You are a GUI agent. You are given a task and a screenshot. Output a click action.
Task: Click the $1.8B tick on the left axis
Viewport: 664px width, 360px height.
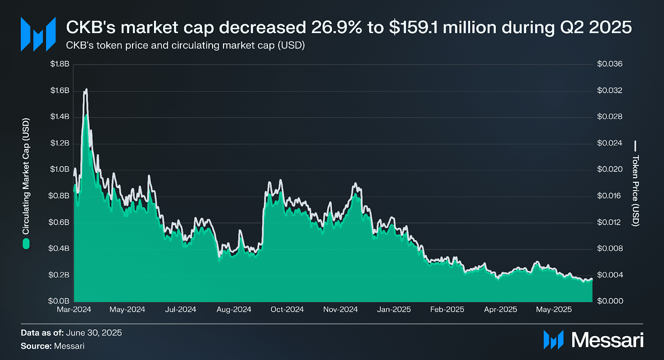tap(60, 64)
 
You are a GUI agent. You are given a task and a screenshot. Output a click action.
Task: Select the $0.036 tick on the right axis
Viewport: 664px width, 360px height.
tap(610, 64)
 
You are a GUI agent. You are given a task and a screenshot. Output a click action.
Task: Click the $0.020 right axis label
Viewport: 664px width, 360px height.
tap(610, 169)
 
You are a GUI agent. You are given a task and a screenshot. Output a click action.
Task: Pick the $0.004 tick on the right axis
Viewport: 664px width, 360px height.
tap(610, 275)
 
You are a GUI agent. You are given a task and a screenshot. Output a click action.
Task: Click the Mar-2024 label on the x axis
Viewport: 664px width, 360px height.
tap(74, 309)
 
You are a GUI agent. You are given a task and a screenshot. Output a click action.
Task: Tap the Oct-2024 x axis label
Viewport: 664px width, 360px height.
tap(287, 309)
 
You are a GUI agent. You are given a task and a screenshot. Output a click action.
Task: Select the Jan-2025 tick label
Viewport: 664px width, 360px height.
tap(394, 309)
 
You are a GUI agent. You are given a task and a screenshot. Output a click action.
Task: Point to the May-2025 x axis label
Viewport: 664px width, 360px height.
tap(554, 309)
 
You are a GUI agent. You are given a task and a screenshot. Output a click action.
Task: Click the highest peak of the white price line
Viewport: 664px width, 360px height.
tap(86, 90)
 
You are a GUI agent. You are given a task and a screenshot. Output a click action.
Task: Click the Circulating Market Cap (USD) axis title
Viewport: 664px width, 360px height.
tap(26, 176)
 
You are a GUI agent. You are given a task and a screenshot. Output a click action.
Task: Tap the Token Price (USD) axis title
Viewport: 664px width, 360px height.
tap(635, 191)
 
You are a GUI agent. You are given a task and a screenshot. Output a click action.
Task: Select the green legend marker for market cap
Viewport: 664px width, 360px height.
tap(26, 244)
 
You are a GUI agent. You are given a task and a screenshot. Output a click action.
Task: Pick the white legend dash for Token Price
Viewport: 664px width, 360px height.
tap(635, 146)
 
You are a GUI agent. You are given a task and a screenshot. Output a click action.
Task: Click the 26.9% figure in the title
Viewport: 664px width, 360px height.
tap(337, 27)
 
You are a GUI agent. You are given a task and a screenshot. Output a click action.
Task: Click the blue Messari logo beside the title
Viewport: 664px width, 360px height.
tap(38, 34)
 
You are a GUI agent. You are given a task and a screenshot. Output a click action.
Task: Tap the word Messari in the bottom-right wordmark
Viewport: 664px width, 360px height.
tap(607, 340)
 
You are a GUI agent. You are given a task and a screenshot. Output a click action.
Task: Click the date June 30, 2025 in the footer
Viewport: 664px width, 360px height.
tap(94, 333)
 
